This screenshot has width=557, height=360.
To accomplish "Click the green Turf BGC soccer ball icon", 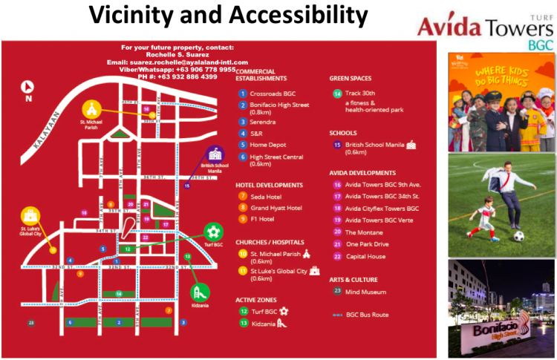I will coord(214,232).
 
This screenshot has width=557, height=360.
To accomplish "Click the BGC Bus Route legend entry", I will coord(367,315).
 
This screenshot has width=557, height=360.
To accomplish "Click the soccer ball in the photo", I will coord(519,236).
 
